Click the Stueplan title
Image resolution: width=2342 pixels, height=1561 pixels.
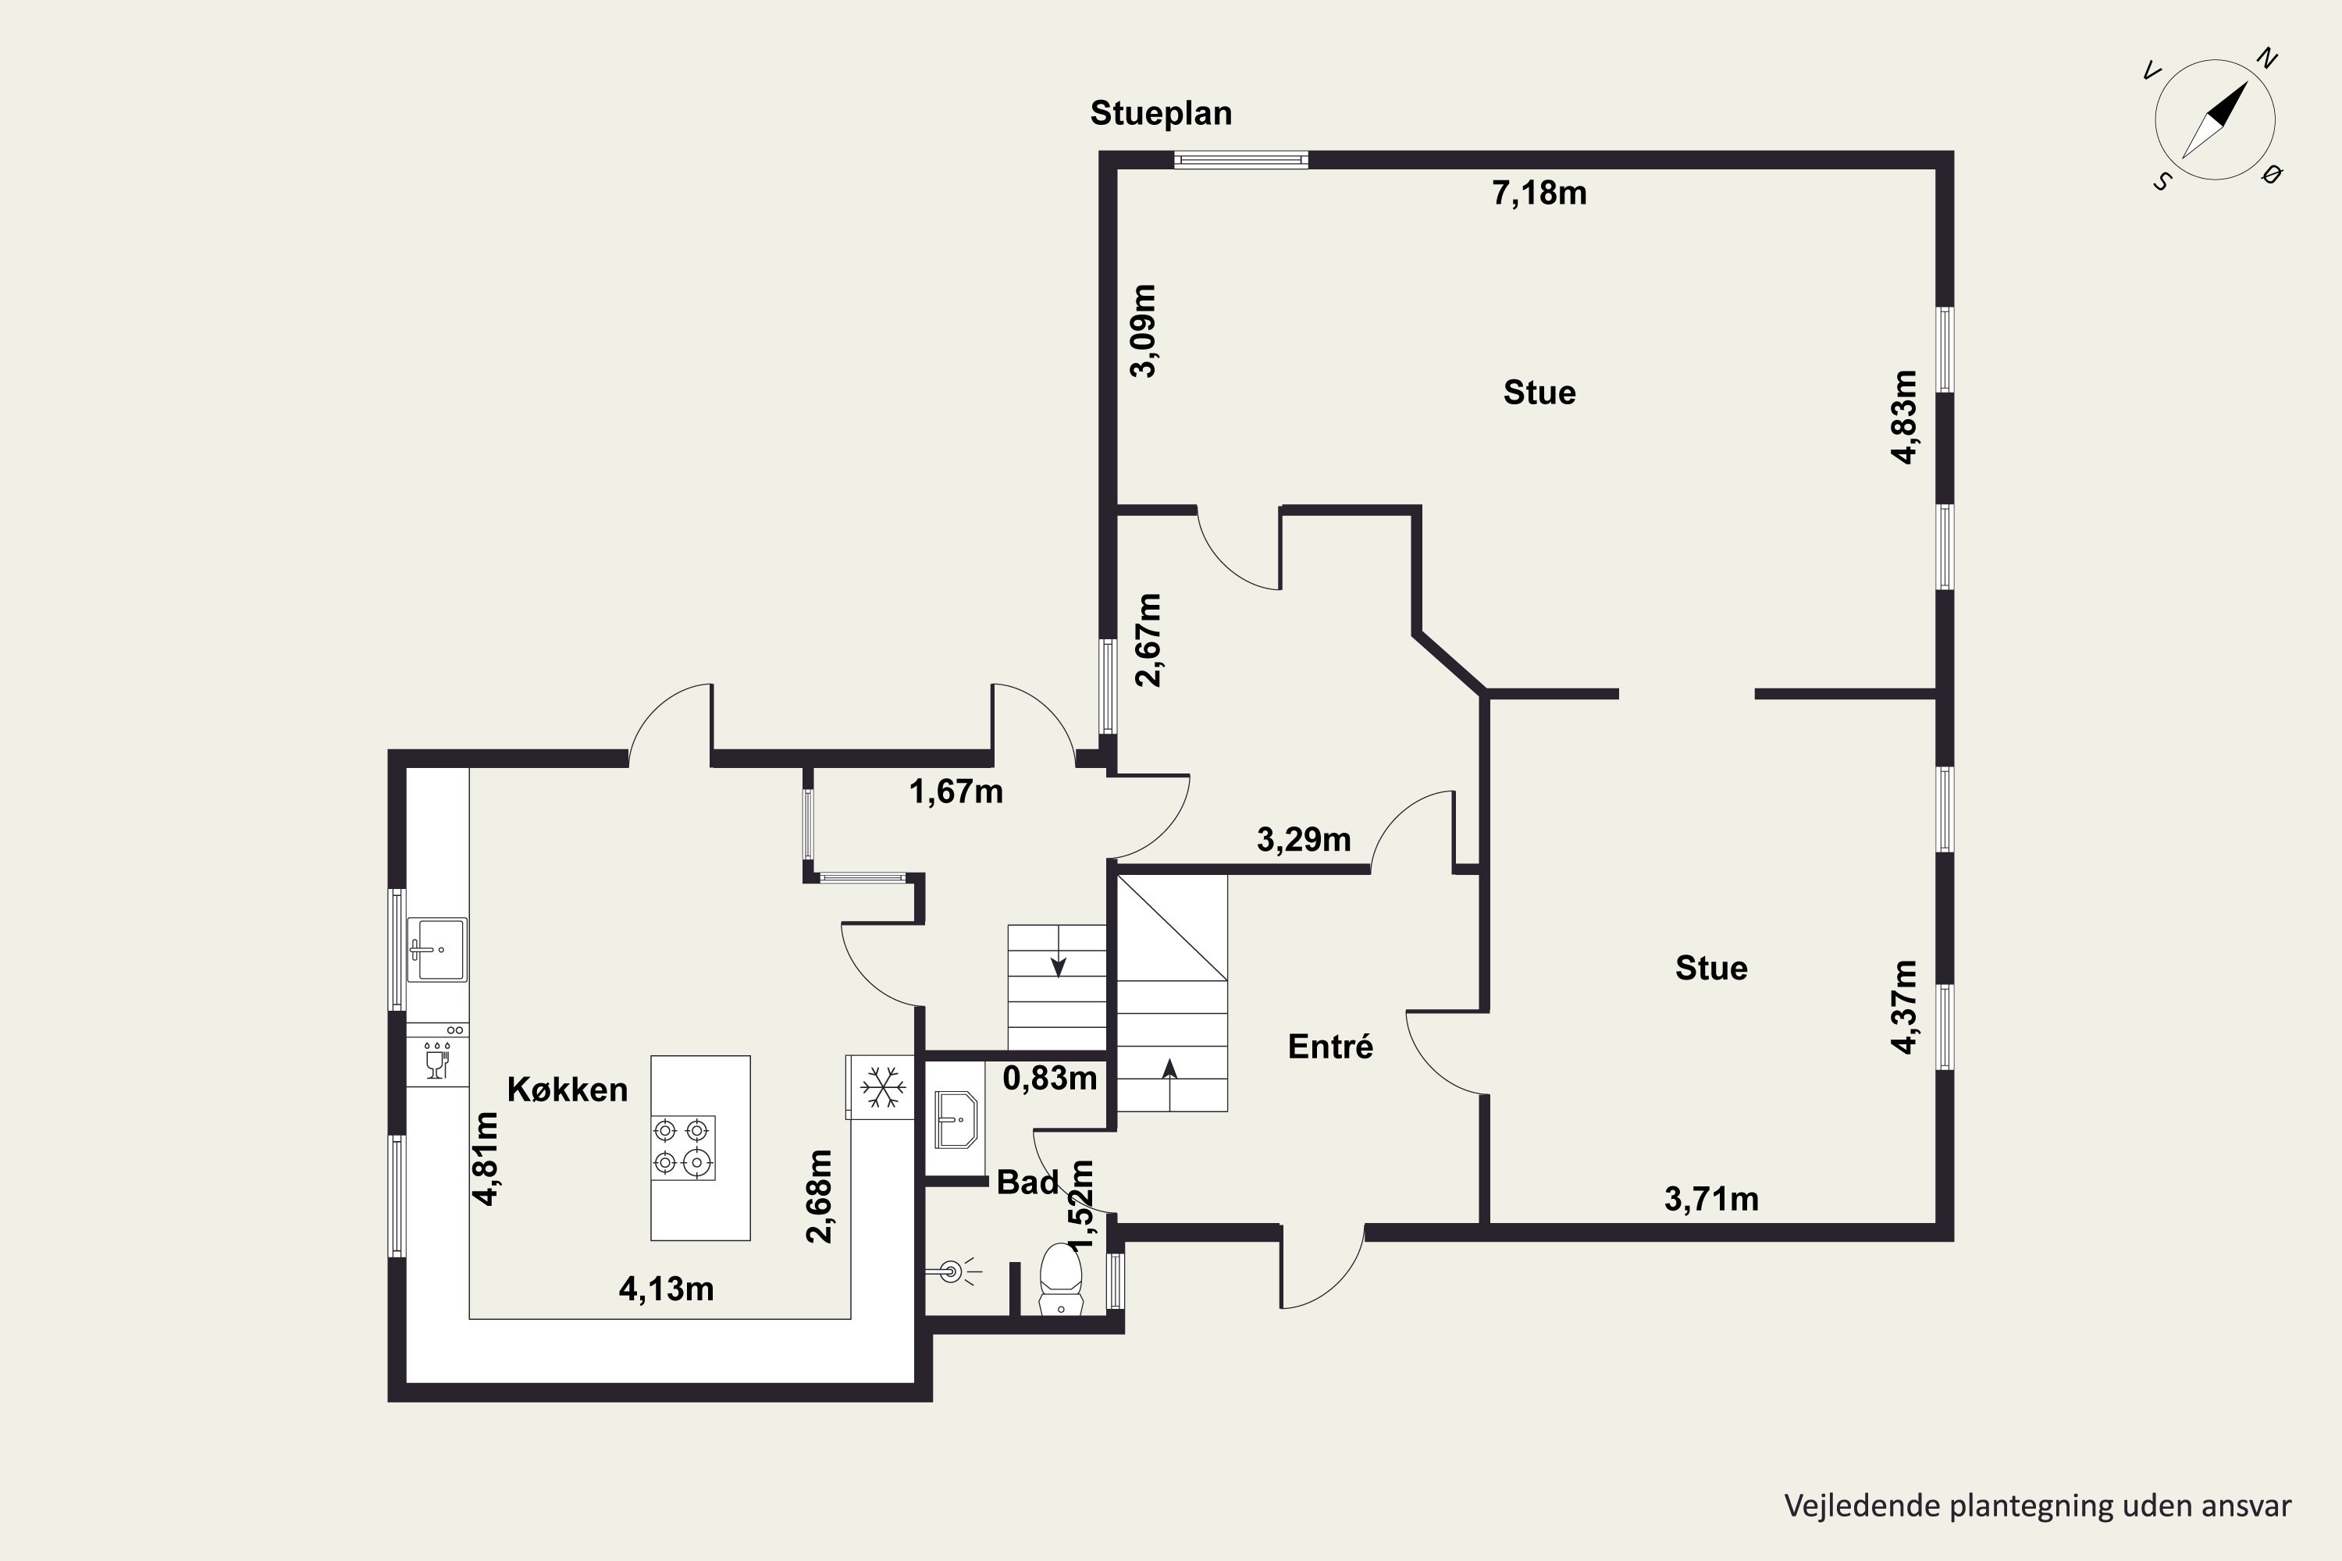point(1161,113)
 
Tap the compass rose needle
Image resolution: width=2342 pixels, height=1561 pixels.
point(2215,120)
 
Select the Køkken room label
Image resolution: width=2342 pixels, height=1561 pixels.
point(568,1089)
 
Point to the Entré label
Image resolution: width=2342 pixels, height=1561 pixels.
point(1330,1047)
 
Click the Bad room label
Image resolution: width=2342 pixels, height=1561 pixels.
point(1027,1182)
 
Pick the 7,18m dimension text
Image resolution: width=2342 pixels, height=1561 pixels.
point(1539,193)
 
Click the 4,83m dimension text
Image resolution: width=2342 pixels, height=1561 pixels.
point(1903,417)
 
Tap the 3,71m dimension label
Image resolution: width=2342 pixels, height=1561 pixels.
point(1712,1199)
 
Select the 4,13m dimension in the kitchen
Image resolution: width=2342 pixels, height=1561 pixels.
point(666,1289)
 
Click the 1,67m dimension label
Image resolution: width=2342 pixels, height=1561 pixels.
point(956,791)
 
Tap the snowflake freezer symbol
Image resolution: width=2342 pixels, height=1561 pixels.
point(883,1087)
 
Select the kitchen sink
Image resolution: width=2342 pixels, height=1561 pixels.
point(436,949)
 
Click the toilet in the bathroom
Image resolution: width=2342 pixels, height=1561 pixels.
point(1060,1279)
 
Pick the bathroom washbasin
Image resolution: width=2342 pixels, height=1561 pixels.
point(956,1120)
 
